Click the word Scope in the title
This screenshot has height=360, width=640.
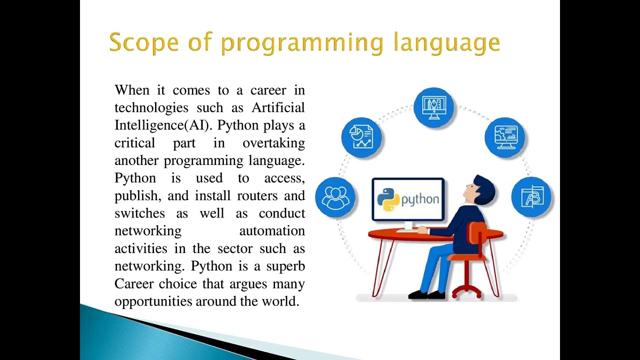coord(143,42)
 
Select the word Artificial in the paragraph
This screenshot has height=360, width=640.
coord(278,108)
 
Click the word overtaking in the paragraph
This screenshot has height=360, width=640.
coord(273,143)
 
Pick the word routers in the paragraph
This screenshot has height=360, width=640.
coord(256,195)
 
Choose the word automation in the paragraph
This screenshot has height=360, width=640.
coord(272,231)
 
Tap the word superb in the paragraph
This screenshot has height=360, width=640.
coord(285,266)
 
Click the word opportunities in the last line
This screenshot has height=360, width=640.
coord(153,301)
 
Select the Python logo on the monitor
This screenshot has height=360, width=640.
coord(388,199)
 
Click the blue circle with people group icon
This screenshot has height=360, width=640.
coord(335,197)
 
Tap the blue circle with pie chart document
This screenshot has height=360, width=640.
coord(361,137)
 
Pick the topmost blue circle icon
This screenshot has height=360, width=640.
coord(433,107)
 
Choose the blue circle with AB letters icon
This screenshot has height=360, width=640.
coord(531,197)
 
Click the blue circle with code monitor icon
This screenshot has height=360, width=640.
coord(505,137)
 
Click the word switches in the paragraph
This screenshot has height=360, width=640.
coord(139,213)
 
